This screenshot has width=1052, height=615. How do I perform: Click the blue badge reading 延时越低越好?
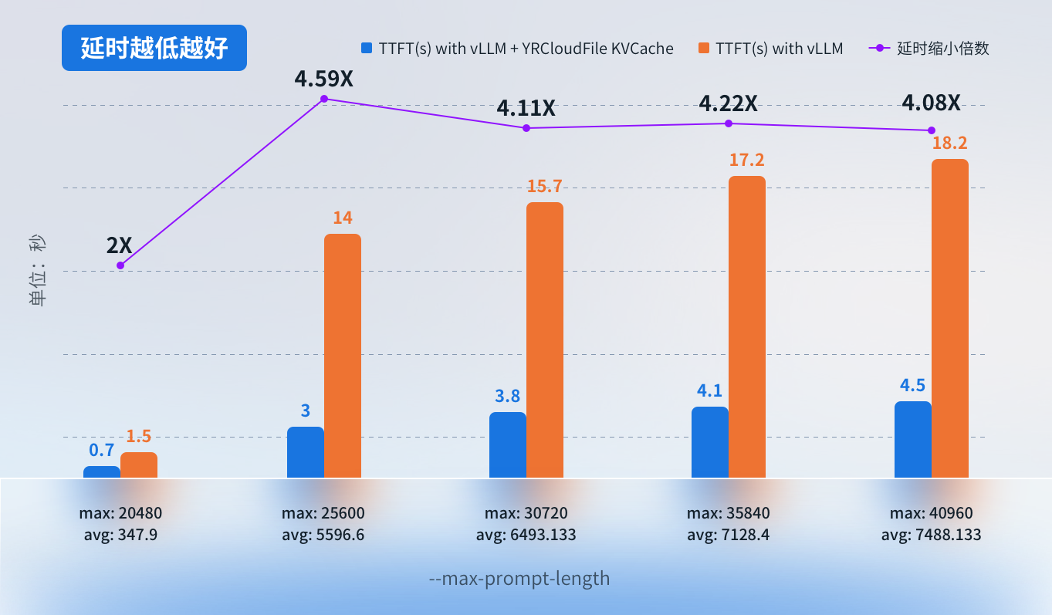154,48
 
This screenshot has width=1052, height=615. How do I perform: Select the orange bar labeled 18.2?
949,318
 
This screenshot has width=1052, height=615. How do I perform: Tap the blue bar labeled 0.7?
102,471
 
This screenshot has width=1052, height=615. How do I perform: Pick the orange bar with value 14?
342,355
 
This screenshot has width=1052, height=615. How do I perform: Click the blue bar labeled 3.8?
508,444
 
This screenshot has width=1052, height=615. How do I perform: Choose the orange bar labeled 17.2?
746,326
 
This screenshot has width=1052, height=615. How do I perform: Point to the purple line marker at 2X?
120,265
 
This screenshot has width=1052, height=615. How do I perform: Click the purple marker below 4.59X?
324,99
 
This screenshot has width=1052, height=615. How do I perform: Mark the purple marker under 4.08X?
932,130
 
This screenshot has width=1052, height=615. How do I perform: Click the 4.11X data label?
526,108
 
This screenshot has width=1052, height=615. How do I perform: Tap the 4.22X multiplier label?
729,103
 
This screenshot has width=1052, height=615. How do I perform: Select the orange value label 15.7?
545,186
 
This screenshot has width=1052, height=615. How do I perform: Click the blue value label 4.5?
913,385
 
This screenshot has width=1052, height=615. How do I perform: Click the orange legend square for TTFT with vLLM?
702,48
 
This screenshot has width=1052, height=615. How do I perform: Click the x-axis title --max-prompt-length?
519,578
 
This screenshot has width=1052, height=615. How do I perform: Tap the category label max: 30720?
526,513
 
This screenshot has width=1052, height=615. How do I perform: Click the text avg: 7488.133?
931,535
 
